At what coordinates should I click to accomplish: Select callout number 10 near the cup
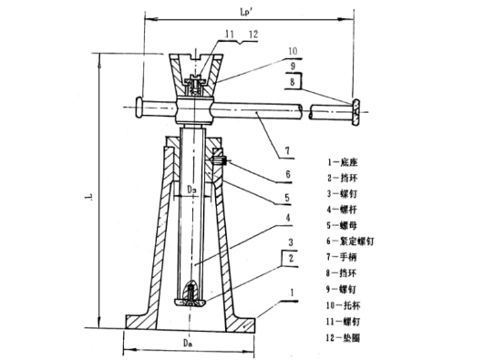point(293,51)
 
